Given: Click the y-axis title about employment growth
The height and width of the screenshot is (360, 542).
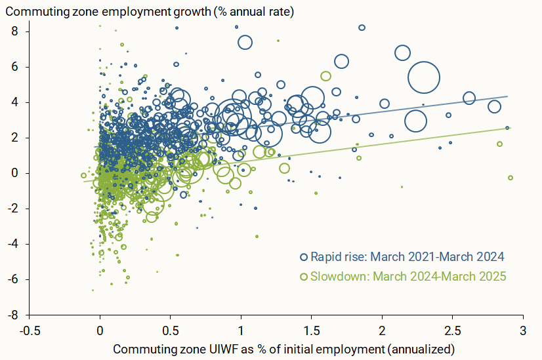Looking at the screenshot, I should click(150, 11).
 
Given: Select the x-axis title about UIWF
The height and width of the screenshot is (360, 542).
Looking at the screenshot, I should click(284, 347).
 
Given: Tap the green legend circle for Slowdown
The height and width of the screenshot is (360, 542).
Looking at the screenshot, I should click(303, 277).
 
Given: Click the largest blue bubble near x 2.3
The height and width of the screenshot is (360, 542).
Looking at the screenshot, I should click(424, 77).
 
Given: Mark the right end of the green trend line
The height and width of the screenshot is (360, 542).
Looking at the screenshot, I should click(509, 128).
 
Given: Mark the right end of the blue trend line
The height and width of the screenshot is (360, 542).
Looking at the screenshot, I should click(508, 96).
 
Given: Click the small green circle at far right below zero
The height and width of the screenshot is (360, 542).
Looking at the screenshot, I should click(511, 178).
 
